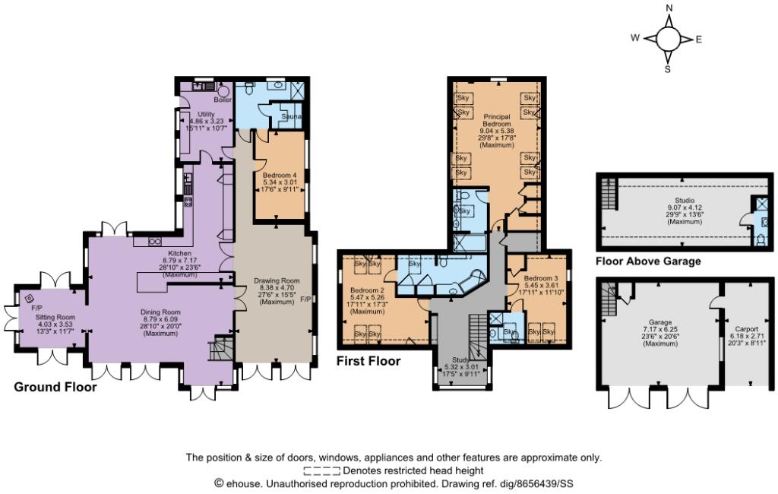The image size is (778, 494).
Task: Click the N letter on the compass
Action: (x=669, y=8)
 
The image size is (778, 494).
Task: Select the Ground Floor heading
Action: (x=55, y=387)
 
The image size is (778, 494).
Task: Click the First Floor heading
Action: (x=368, y=361)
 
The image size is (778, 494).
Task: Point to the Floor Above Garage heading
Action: (x=648, y=261)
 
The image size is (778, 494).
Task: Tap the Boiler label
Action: (x=223, y=100)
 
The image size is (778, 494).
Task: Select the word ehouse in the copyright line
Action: (x=244, y=483)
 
